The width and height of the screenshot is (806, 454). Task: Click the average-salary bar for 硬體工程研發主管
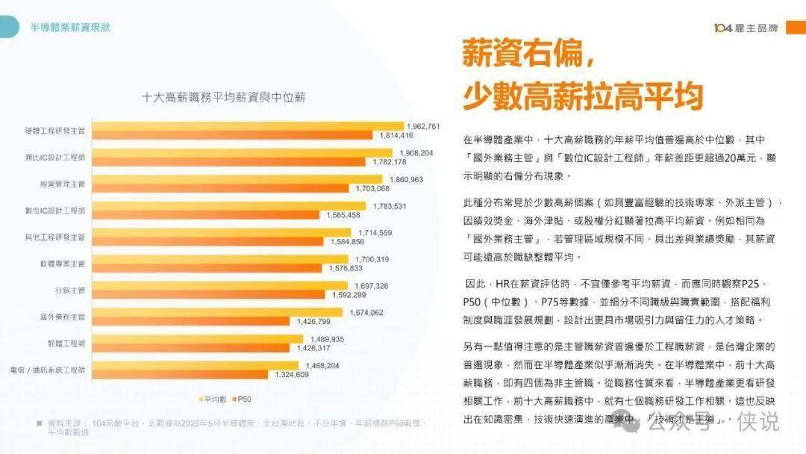[x=246, y=126]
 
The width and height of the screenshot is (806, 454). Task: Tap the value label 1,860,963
[x=405, y=180]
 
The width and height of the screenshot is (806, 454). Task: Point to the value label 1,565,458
[x=344, y=215]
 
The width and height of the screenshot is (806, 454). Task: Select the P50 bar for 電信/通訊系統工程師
[x=182, y=374]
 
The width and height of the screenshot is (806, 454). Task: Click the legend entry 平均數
[x=213, y=397]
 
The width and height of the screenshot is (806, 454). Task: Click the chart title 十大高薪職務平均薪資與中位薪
[x=223, y=97]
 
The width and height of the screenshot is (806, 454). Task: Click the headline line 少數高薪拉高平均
[x=583, y=96]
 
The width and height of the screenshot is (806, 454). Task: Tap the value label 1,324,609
[x=291, y=374]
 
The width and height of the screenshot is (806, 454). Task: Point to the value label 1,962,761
[x=423, y=126]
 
